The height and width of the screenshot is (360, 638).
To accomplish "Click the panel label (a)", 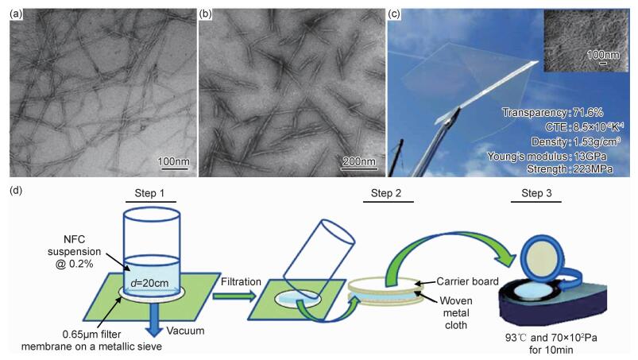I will [16, 14].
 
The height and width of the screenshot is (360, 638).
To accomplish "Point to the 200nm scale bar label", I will [358, 162].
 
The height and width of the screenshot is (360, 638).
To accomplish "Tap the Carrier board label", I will [466, 281].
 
